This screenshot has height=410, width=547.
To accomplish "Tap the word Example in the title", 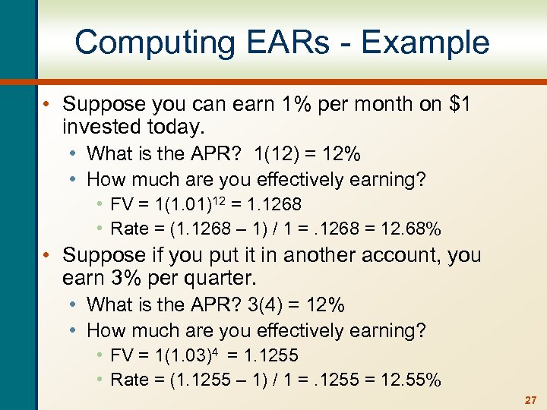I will [x=425, y=43].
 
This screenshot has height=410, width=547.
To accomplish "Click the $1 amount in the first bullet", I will [x=457, y=104].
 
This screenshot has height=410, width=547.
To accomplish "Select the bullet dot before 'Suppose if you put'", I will [x=46, y=255].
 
